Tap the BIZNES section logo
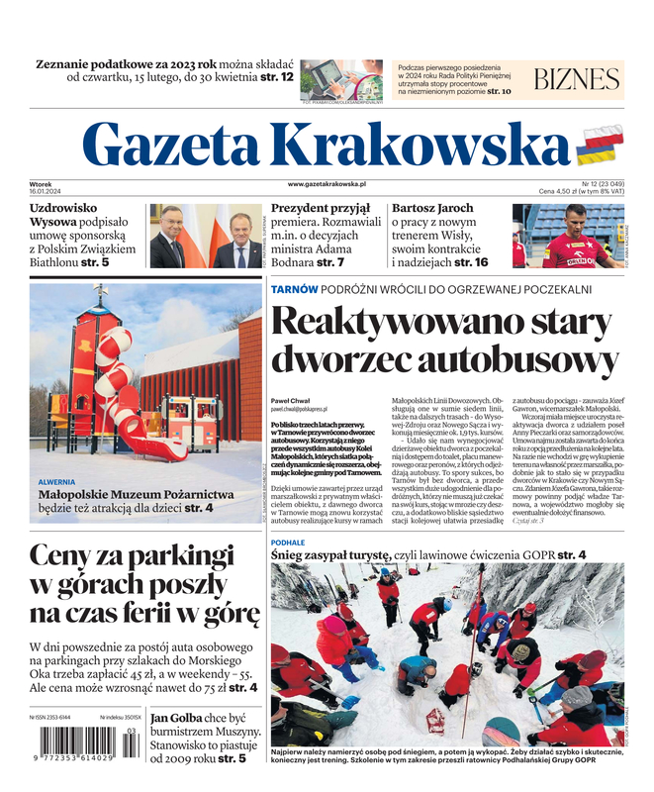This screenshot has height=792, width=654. pos(576,80)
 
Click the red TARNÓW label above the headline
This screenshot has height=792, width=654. pos(295,289)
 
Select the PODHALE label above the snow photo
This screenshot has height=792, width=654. pos(288,543)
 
